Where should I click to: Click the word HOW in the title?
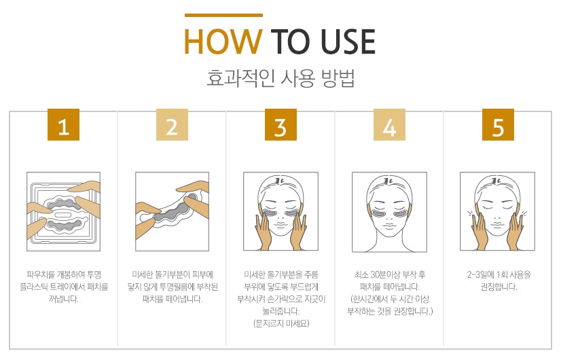click(222, 41)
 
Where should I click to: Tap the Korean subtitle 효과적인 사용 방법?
click(280, 78)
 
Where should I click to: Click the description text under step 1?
click(63, 286)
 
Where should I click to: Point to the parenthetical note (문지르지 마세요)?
click(280, 323)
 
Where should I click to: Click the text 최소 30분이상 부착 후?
click(389, 274)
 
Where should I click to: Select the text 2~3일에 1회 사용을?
click(498, 274)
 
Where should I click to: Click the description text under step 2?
click(172, 286)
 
